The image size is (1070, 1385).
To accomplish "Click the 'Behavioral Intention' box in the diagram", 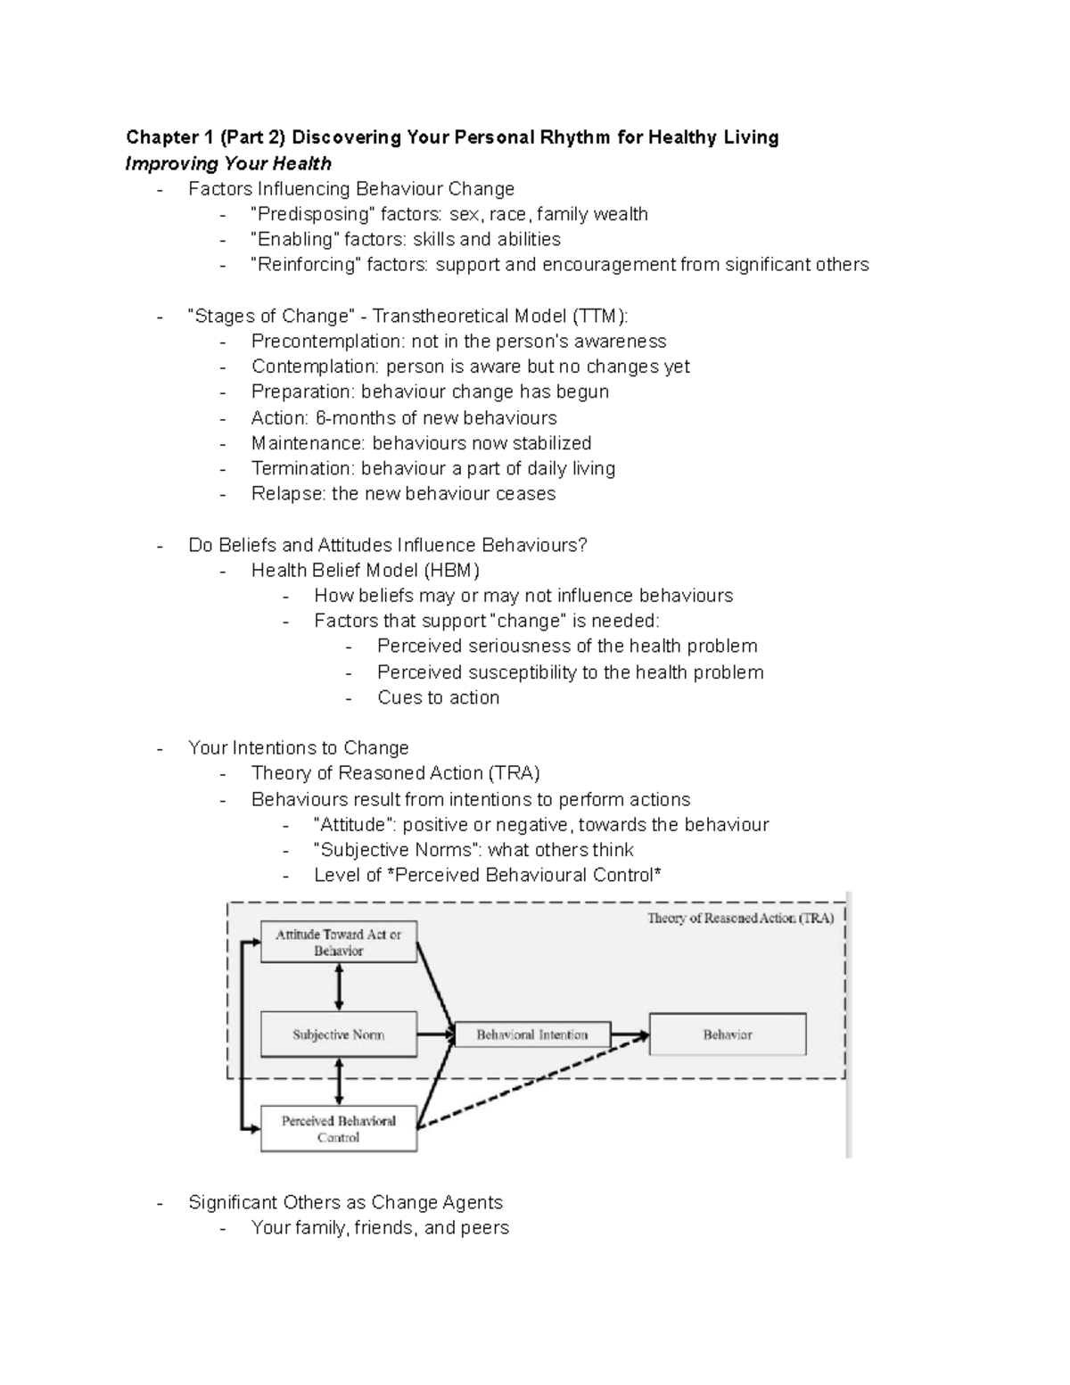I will click(532, 1035).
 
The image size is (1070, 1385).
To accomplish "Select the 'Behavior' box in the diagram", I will click(728, 1035).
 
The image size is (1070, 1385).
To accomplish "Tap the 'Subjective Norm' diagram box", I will click(338, 1035).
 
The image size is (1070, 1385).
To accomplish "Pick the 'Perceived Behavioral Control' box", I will click(338, 1129).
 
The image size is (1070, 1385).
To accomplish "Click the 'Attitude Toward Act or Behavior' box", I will click(338, 943).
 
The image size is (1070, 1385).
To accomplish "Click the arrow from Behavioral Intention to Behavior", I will click(630, 1035).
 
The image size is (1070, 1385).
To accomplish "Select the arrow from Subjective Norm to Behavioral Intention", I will click(436, 1035).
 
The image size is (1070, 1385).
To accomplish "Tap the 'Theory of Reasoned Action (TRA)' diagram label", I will click(740, 919).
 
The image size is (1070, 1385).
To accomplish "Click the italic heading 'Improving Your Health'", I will click(228, 163).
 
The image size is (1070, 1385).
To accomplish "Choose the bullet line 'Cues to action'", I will click(438, 697).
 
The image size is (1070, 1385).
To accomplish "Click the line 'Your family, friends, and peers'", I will click(380, 1228).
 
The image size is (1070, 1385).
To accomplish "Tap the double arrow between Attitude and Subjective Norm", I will click(339, 987).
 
